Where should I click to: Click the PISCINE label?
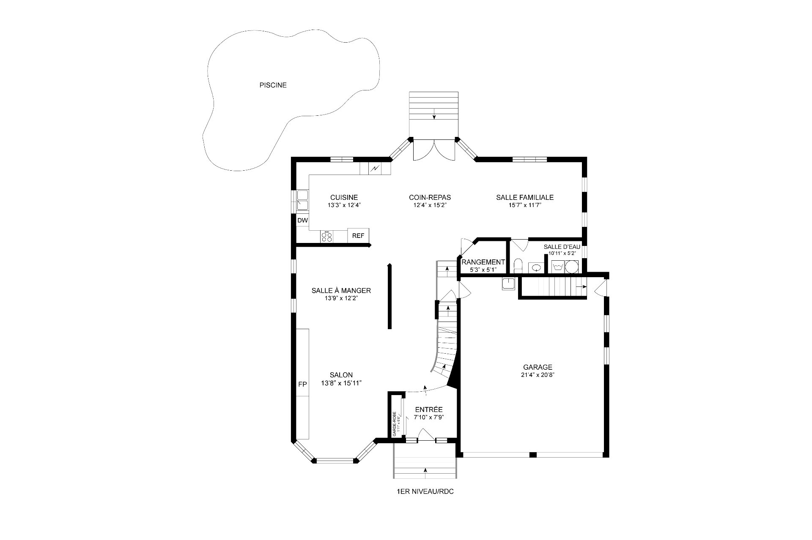[273, 85]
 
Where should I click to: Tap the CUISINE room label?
[344, 197]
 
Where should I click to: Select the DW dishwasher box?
[302, 221]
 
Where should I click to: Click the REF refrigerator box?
[358, 236]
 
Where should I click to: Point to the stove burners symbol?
[326, 237]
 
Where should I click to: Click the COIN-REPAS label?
[430, 197]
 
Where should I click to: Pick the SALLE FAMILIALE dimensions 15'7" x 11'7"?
[525, 205]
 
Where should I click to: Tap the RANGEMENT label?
[483, 262]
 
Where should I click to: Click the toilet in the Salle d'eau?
[518, 267]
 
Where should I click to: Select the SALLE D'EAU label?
[562, 247]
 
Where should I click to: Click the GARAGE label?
[538, 367]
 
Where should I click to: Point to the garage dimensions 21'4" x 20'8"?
[538, 375]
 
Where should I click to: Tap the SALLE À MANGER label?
[341, 291]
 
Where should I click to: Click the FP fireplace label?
[302, 385]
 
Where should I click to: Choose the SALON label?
[341, 375]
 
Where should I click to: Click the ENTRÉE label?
[429, 409]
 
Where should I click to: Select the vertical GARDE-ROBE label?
[395, 423]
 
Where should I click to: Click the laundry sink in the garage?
[508, 284]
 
